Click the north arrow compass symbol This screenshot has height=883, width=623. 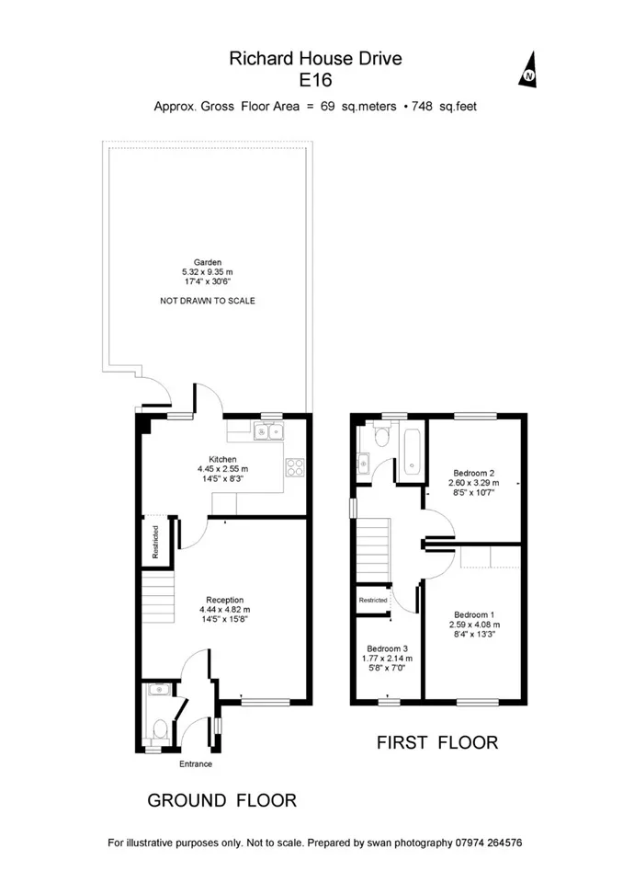527,70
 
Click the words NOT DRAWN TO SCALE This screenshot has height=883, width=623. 208,301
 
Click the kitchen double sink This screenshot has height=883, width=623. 269,431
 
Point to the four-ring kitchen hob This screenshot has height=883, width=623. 296,467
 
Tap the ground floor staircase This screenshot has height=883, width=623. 157,597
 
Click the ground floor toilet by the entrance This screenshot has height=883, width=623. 159,730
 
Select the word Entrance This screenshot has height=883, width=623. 196,764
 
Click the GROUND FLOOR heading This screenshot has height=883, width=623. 221,800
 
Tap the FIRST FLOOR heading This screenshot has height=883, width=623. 437,743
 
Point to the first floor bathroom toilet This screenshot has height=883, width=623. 382,435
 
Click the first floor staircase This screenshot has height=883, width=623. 373,551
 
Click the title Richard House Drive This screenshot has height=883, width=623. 315,59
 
